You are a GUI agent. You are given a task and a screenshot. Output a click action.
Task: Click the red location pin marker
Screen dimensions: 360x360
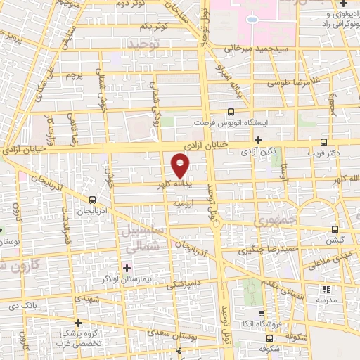tap(181, 166)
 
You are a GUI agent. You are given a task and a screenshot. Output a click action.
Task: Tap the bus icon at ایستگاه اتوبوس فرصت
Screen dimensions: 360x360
tap(231, 112)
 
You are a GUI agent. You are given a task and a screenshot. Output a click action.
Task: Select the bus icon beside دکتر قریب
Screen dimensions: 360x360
tap(323, 141)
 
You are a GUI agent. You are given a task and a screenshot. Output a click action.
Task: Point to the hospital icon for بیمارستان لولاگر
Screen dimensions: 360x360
tap(127, 267)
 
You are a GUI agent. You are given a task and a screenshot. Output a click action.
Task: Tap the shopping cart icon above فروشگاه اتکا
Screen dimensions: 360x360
tap(262, 314)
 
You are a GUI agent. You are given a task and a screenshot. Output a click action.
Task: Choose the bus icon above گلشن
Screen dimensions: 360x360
tap(335, 229)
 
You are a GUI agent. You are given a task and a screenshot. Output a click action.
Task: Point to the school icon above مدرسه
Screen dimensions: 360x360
tap(324, 288)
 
